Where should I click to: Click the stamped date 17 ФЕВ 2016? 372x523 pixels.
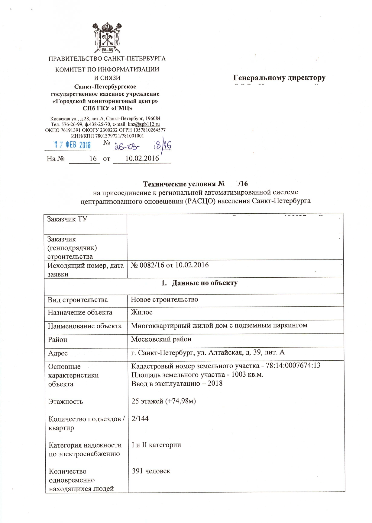click(73, 145)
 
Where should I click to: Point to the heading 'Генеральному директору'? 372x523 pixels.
click(280, 78)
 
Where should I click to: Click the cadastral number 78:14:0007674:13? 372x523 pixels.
click(293, 365)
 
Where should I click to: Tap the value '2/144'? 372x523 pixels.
click(140, 419)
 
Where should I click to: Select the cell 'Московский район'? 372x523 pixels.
click(161, 339)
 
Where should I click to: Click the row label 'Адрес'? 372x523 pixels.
click(57, 353)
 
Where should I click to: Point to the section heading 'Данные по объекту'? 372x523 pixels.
click(204, 283)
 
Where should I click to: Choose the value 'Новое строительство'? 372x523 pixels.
click(164, 299)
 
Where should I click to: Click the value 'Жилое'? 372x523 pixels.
click(141, 312)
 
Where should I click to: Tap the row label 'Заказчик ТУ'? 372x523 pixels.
click(67, 219)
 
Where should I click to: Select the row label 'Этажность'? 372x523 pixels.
click(66, 401)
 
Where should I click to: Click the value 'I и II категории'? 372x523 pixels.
click(156, 445)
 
